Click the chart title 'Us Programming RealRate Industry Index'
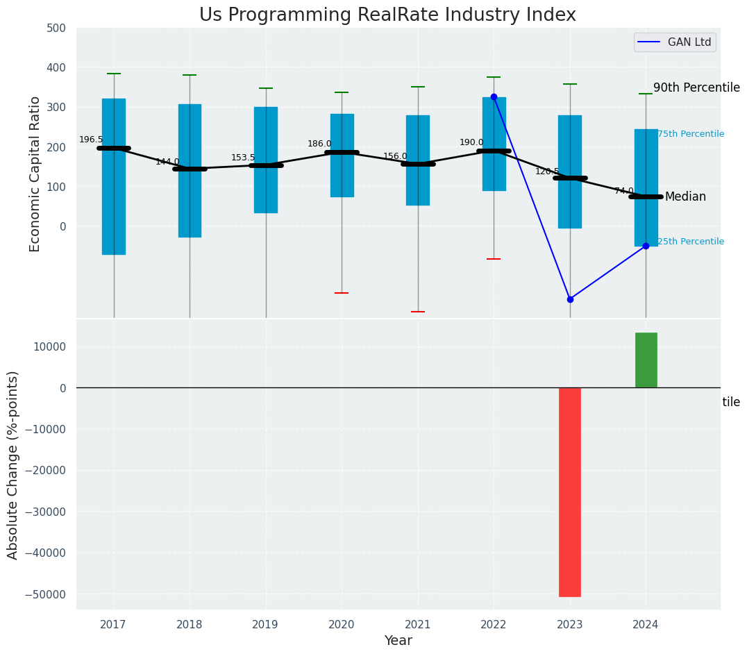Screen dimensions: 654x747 pos(387,15)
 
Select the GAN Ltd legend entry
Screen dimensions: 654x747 pos(674,42)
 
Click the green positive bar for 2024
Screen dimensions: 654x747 pos(646,360)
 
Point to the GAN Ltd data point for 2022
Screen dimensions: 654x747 pos(494,97)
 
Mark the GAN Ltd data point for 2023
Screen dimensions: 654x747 pos(570,299)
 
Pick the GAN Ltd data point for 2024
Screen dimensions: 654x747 pos(646,246)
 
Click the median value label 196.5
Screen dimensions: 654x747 pos(91,140)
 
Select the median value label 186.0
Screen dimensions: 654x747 pos(319,144)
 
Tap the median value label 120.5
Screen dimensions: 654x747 pos(547,171)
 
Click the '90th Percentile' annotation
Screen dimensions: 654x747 pos(696,87)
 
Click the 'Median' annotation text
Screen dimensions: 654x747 pos(685,197)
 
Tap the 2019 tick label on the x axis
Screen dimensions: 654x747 pos(265,625)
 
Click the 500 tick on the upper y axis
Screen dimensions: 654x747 pos(56,28)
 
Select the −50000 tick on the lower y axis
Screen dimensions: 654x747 pos(47,594)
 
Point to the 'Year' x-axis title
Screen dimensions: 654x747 pos(398,641)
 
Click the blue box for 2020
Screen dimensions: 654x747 pos(342,156)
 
